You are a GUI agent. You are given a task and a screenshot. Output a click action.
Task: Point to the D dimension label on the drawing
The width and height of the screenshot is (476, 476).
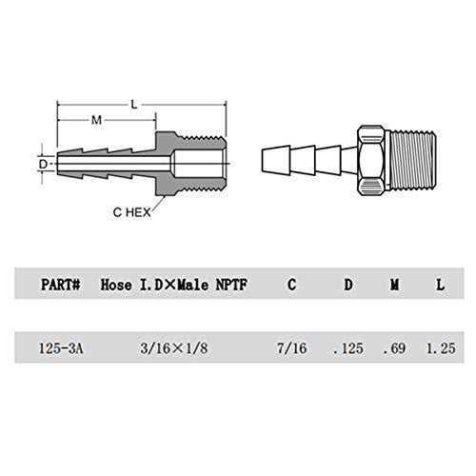pos(43,163)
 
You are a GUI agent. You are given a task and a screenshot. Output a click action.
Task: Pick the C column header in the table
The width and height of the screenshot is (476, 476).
pos(289,283)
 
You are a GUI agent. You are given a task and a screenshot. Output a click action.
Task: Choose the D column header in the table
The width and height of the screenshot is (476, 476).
pos(347,283)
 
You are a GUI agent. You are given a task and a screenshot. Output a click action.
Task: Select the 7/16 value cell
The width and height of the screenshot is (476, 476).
pos(288,349)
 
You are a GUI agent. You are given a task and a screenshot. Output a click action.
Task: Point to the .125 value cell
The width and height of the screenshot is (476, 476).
pos(347,349)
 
